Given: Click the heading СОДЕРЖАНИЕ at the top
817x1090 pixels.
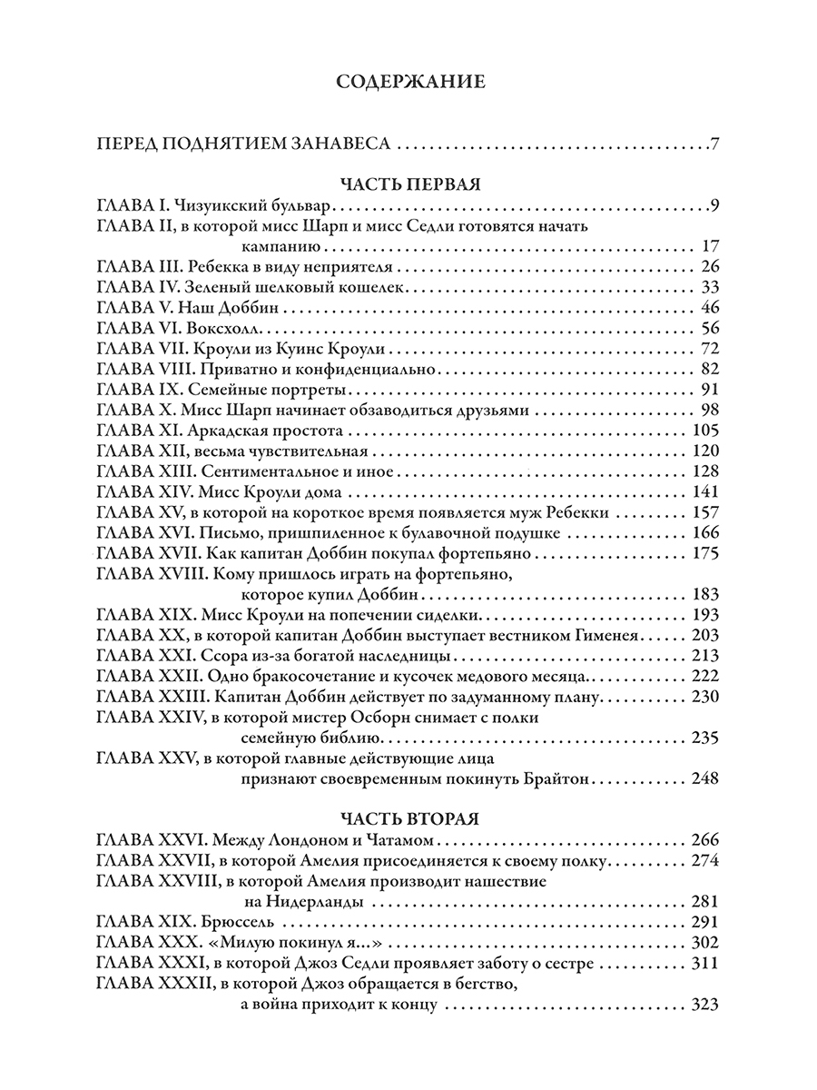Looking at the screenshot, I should [410, 83].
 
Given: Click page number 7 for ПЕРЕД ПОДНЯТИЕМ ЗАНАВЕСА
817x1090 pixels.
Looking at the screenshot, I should [715, 144].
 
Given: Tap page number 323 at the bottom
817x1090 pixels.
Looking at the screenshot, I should [704, 1006].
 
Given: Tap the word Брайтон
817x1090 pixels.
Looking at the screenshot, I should [563, 778].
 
